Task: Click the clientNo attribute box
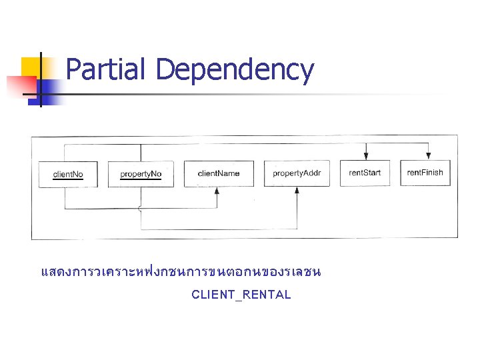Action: point(68,175)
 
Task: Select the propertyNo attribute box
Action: point(141,174)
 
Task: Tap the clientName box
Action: point(218,173)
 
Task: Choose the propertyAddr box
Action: point(297,173)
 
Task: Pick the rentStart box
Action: point(365,173)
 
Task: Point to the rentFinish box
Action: point(425,173)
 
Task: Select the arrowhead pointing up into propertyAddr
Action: point(297,190)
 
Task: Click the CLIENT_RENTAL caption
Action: point(241,295)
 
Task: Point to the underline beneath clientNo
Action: point(68,181)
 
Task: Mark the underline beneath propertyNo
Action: point(141,180)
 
